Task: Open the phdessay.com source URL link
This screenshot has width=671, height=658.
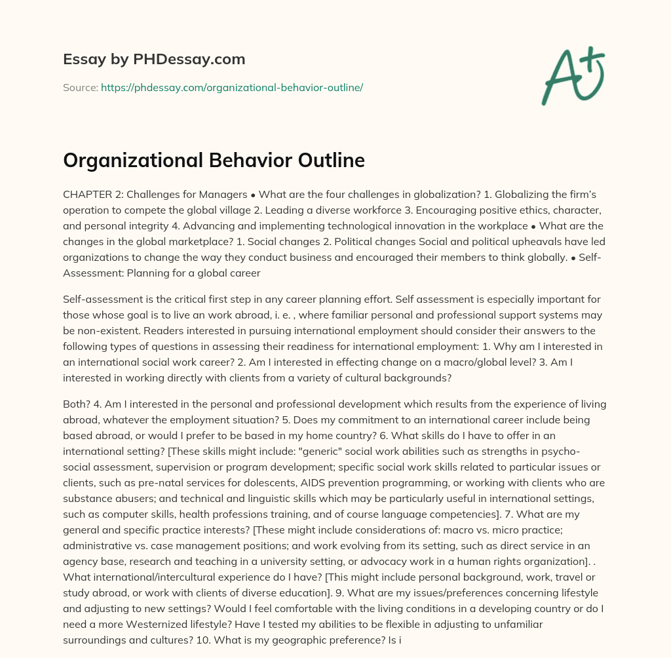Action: (x=231, y=87)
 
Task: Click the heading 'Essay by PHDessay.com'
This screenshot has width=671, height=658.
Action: (x=154, y=59)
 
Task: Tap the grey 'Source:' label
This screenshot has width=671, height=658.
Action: (x=80, y=87)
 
